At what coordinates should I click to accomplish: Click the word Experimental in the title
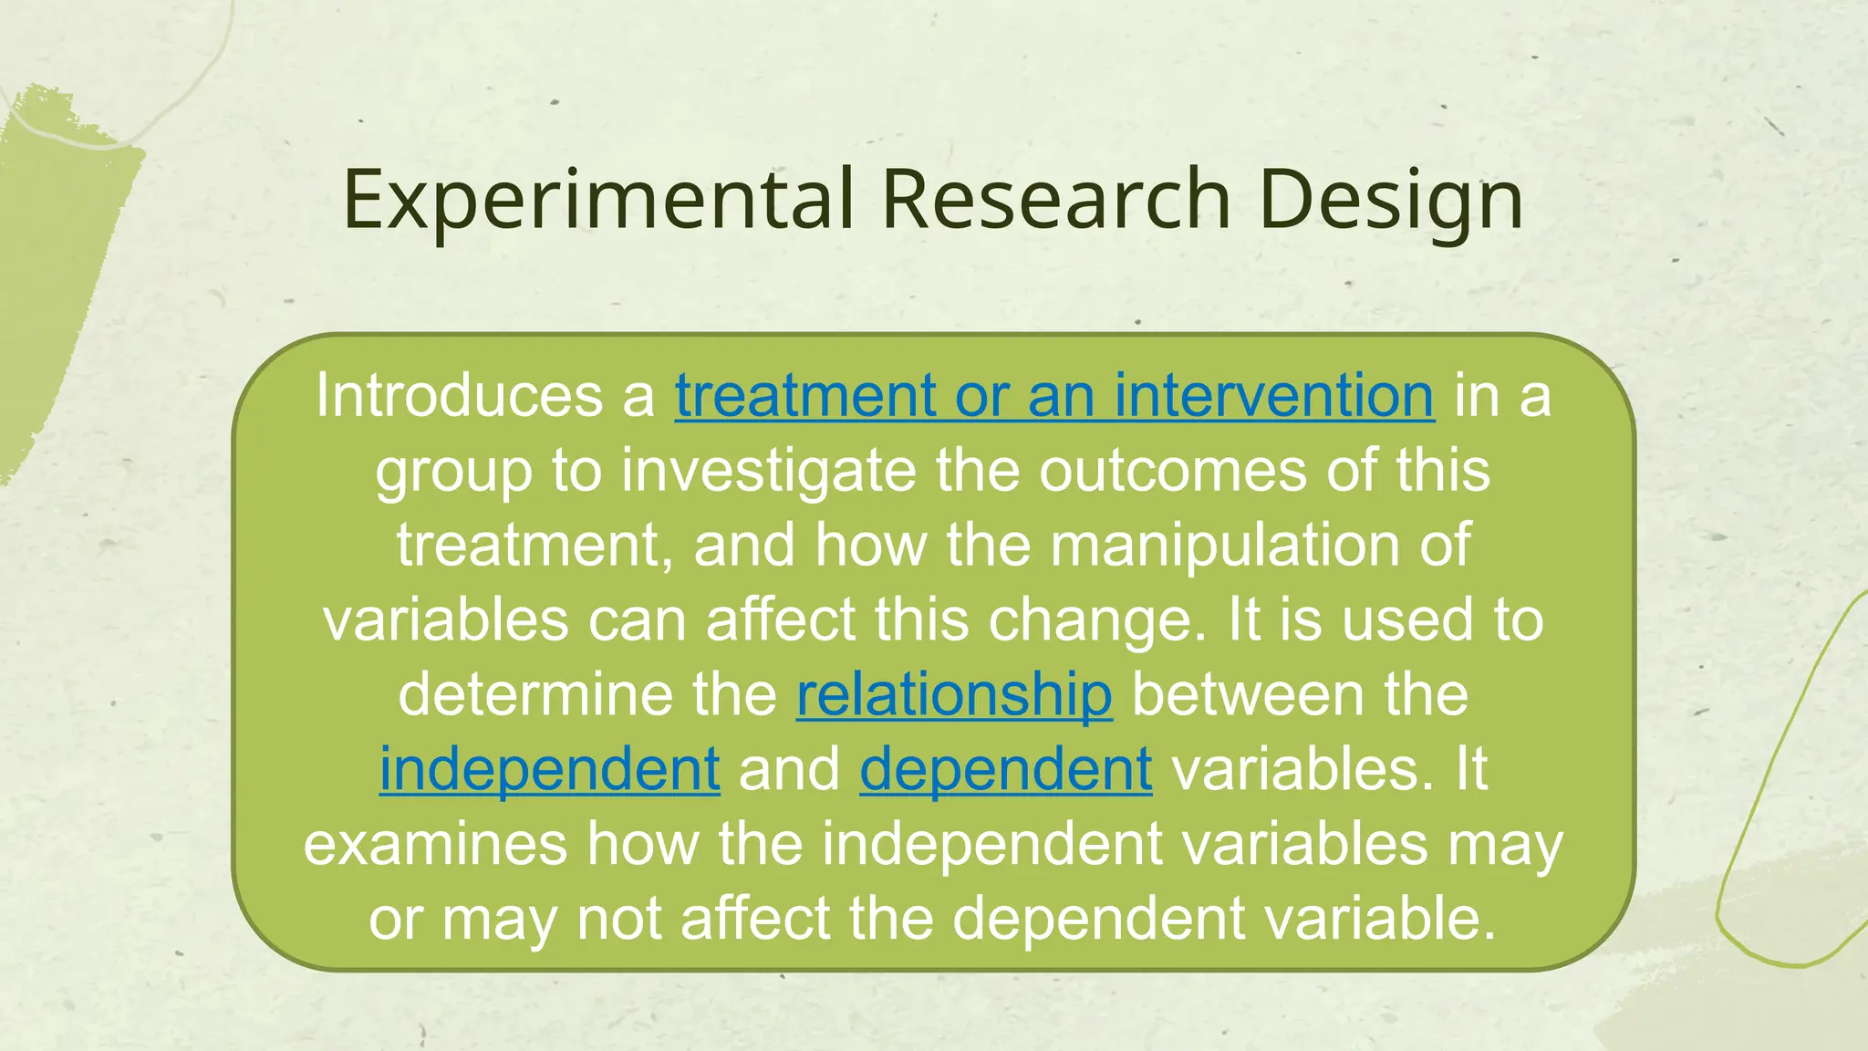598,201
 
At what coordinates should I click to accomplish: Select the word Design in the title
1390,201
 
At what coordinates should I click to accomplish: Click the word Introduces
458,396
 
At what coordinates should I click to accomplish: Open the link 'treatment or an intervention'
1054,396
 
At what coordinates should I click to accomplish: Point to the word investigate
768,471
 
